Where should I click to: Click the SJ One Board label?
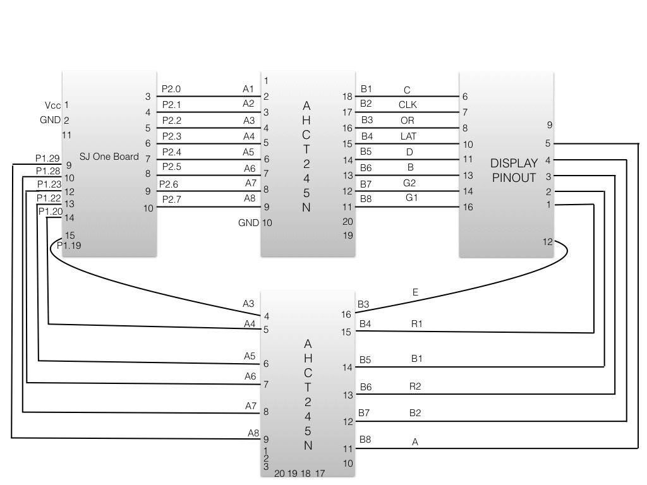pyautogui.click(x=109, y=157)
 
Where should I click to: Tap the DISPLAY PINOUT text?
pyautogui.click(x=514, y=171)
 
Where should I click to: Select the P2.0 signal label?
pyautogui.click(x=171, y=89)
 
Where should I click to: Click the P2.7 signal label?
pyautogui.click(x=172, y=200)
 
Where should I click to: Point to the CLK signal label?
pyautogui.click(x=408, y=105)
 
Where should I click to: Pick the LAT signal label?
pyautogui.click(x=409, y=136)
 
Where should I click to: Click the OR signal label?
pyautogui.click(x=408, y=121)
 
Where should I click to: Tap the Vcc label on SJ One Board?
pyautogui.click(x=53, y=105)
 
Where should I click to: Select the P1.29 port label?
pyautogui.click(x=47, y=159)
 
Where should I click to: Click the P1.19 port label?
pyautogui.click(x=69, y=246)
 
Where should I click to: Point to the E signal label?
pyautogui.click(x=415, y=292)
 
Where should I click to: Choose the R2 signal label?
pyautogui.click(x=415, y=386)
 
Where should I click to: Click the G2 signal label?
pyautogui.click(x=409, y=183)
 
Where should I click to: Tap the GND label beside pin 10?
pyautogui.click(x=248, y=223)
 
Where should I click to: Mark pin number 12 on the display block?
pyautogui.click(x=548, y=242)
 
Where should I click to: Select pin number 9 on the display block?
pyautogui.click(x=549, y=124)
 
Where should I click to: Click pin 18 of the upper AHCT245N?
pyautogui.click(x=348, y=97)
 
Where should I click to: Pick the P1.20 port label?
pyautogui.click(x=51, y=212)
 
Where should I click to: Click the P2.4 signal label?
pyautogui.click(x=172, y=152)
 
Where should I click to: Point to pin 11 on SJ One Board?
pyautogui.click(x=66, y=135)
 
